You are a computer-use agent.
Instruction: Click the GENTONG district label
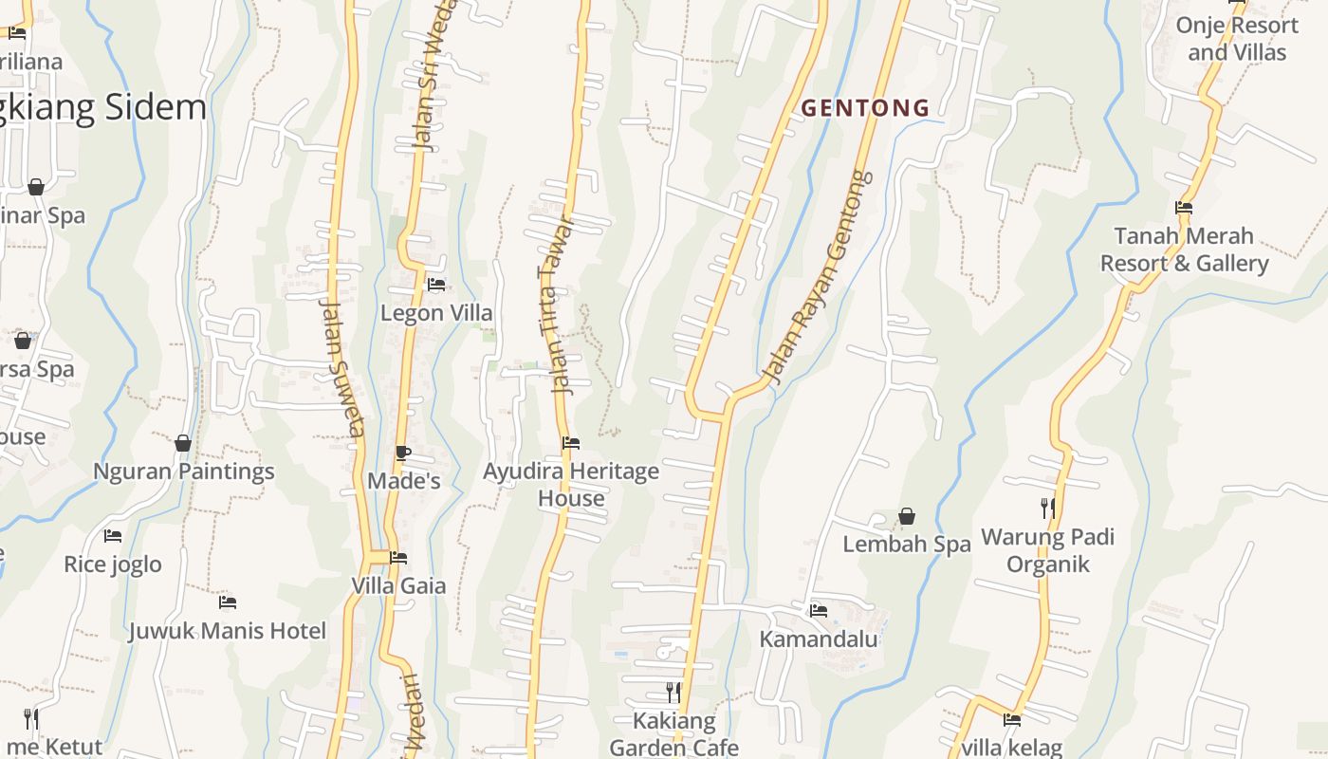pyautogui.click(x=865, y=108)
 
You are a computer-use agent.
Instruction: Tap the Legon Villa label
pyautogui.click(x=436, y=312)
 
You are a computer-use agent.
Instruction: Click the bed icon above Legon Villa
pyautogui.click(x=436, y=284)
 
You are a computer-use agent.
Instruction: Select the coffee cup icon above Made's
pyautogui.click(x=403, y=453)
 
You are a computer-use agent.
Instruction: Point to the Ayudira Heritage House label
pyautogui.click(x=571, y=484)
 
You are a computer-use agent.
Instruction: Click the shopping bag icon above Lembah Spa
pyautogui.click(x=907, y=516)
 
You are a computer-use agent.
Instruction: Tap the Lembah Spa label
pyautogui.click(x=907, y=544)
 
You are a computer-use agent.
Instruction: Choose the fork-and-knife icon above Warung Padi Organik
pyautogui.click(x=1047, y=509)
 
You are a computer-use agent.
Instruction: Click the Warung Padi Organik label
pyautogui.click(x=1047, y=550)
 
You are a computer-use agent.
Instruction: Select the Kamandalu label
pyautogui.click(x=818, y=639)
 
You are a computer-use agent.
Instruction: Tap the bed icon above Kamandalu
pyautogui.click(x=818, y=610)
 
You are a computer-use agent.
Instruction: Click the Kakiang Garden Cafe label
pyautogui.click(x=673, y=733)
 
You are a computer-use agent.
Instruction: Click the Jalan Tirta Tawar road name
pyautogui.click(x=557, y=305)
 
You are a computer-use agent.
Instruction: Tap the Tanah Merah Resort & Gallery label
pyautogui.click(x=1184, y=249)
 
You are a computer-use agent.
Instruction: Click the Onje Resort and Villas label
pyautogui.click(x=1237, y=38)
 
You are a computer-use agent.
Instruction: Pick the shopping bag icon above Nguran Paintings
pyautogui.click(x=183, y=443)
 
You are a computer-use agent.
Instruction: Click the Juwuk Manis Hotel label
pyautogui.click(x=227, y=630)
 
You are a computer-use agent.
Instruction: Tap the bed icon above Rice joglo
pyautogui.click(x=113, y=536)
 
